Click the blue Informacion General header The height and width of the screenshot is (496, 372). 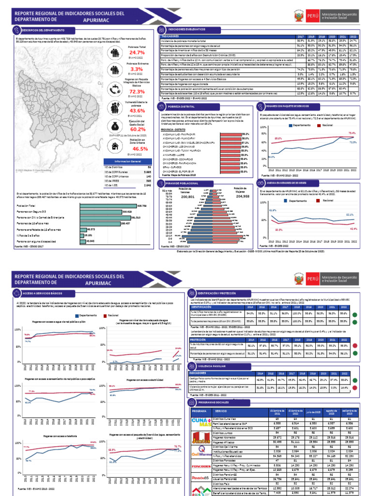pos(129,161)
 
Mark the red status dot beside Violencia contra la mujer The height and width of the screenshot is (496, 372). pos(356,388)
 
